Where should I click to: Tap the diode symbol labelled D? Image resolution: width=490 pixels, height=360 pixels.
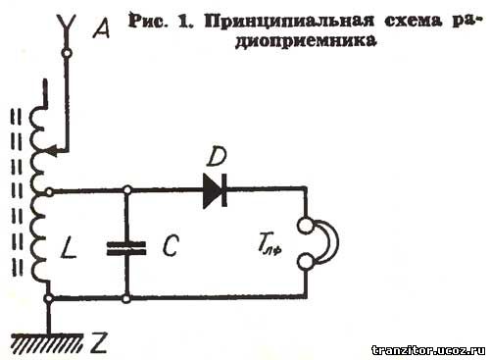click(x=215, y=190)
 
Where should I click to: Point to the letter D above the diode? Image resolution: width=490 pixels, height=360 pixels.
click(x=218, y=155)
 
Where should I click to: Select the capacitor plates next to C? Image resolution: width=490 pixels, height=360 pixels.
click(x=126, y=246)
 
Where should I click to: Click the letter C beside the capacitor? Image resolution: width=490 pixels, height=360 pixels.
click(x=169, y=247)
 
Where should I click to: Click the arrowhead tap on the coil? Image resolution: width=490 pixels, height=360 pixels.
click(x=56, y=151)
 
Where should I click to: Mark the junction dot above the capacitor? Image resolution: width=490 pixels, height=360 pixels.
click(x=126, y=190)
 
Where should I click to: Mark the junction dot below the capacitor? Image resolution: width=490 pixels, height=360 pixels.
click(x=126, y=297)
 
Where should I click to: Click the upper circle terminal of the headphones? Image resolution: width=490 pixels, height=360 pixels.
click(x=305, y=228)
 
